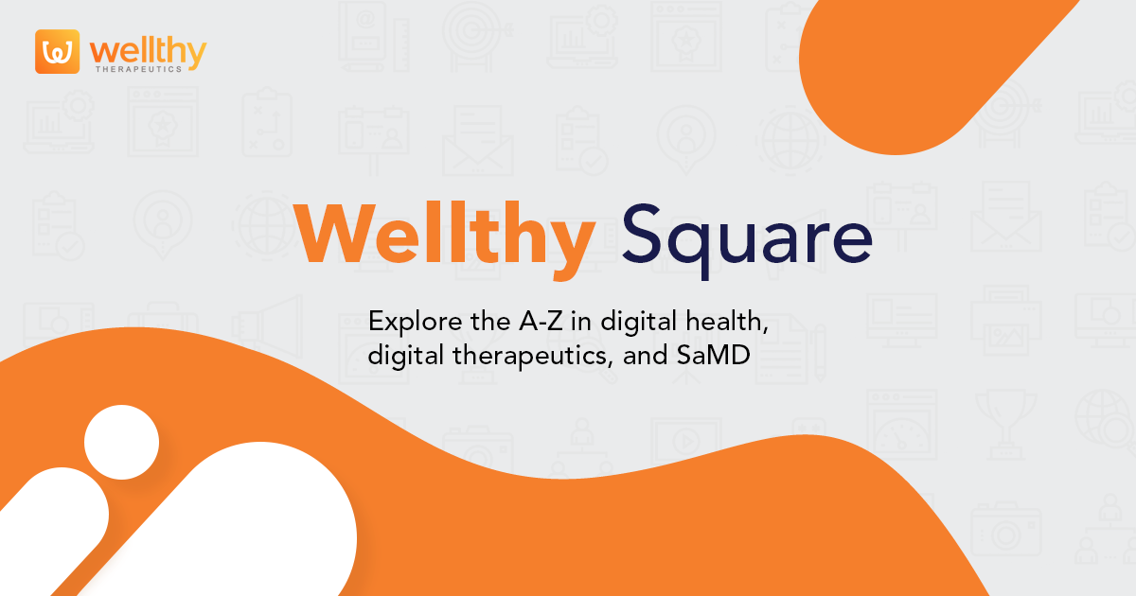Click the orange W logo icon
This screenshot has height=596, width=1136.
(x=57, y=52)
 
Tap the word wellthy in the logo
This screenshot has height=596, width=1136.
(x=148, y=51)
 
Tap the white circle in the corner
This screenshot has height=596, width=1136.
(x=121, y=442)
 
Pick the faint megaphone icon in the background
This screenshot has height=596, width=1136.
(x=270, y=326)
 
